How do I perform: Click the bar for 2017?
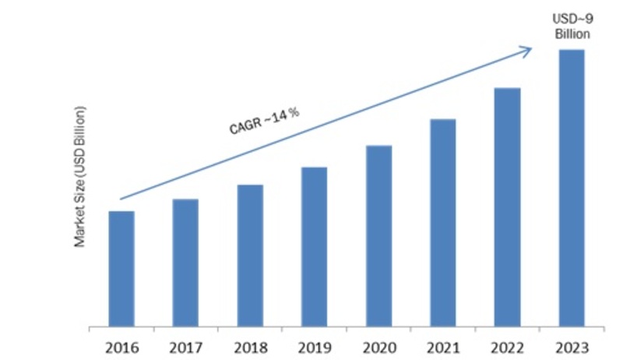[x=185, y=262]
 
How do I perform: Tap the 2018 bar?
[x=250, y=255]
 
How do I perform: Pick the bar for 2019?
[x=314, y=246]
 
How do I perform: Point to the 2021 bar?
[x=442, y=222]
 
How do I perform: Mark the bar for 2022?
[x=507, y=206]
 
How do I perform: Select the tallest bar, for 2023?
[x=571, y=187]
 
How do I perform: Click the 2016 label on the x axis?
[x=121, y=344]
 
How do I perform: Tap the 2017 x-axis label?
[x=185, y=344]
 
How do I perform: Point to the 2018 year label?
[x=250, y=344]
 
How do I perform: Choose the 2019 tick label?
[x=314, y=344]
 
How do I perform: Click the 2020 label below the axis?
[x=378, y=344]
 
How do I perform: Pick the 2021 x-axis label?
[x=442, y=344]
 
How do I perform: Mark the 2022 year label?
[x=507, y=344]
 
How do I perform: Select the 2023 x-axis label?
[x=571, y=344]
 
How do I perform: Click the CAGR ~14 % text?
[x=265, y=122]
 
